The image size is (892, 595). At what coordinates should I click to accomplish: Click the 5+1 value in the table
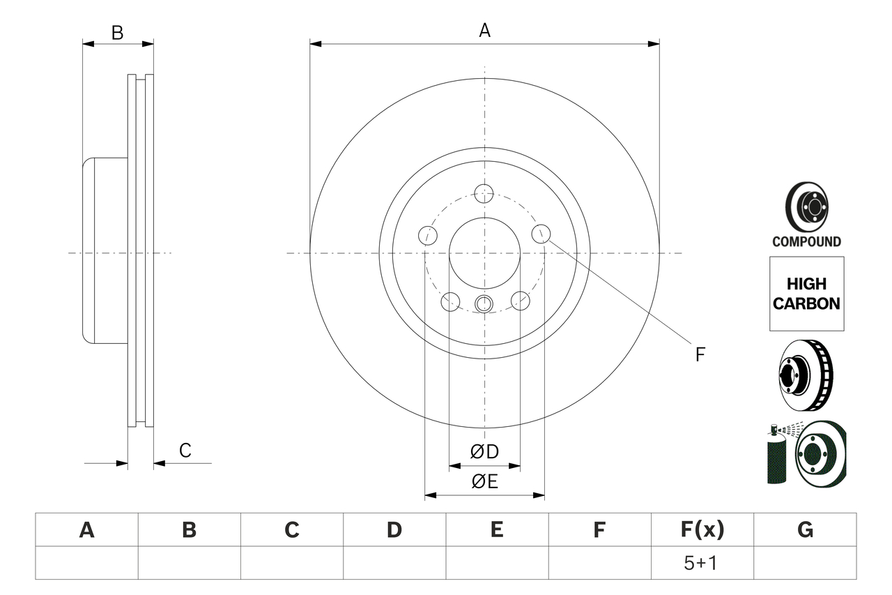pos(702,563)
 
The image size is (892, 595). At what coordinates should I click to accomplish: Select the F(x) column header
pos(702,530)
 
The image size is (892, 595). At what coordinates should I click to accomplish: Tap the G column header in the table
pos(805,530)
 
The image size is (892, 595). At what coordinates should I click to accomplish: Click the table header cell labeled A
pos(86,530)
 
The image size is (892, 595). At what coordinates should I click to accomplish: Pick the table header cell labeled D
pos(394,530)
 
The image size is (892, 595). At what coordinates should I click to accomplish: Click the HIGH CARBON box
pos(806,294)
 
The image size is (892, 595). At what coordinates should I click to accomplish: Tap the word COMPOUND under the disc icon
pos(806,242)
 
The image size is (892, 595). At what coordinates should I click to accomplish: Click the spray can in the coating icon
pos(776,457)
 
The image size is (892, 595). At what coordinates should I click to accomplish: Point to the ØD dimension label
pos(484,452)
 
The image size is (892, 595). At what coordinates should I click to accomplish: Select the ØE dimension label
pos(484,482)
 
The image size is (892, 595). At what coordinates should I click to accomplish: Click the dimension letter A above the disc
pos(484,30)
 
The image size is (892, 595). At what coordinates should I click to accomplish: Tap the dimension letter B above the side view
pos(118,33)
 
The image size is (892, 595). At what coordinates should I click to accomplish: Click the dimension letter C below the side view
pos(185,451)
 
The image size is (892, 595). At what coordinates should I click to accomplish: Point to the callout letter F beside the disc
pos(700,354)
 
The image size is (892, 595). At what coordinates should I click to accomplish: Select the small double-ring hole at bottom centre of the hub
pos(484,303)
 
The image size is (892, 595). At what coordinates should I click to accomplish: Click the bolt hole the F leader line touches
pos(541,234)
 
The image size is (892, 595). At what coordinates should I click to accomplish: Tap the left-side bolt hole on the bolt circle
pos(427,235)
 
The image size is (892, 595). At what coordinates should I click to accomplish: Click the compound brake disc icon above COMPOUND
pos(806,207)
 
